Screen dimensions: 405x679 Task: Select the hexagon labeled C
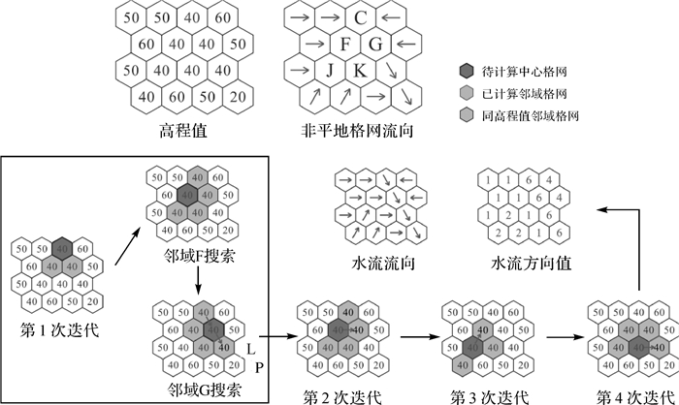pos(360,17)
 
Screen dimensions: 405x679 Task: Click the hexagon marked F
pos(345,44)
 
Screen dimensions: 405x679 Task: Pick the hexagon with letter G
pos(375,44)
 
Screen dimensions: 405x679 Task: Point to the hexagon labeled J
pos(330,70)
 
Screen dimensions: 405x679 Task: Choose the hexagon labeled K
pos(360,70)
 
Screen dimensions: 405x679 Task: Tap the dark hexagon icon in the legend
pos(467,71)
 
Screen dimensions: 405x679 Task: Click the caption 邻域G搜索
pos(197,390)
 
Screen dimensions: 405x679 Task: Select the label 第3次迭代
pos(484,396)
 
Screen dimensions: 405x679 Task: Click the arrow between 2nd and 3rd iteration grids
pos(411,337)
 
